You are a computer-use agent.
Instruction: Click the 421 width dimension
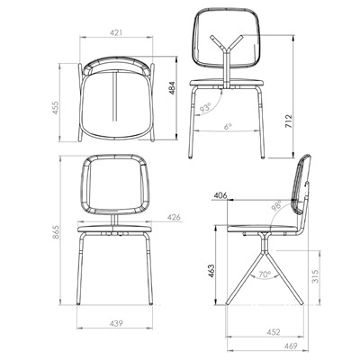click(116, 32)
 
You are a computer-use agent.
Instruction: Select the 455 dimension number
click(56, 108)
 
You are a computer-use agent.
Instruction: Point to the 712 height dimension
click(289, 121)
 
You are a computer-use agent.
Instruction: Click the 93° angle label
click(205, 107)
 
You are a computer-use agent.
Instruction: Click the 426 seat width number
click(175, 217)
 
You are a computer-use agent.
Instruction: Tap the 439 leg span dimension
click(116, 323)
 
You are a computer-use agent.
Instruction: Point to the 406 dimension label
click(220, 195)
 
